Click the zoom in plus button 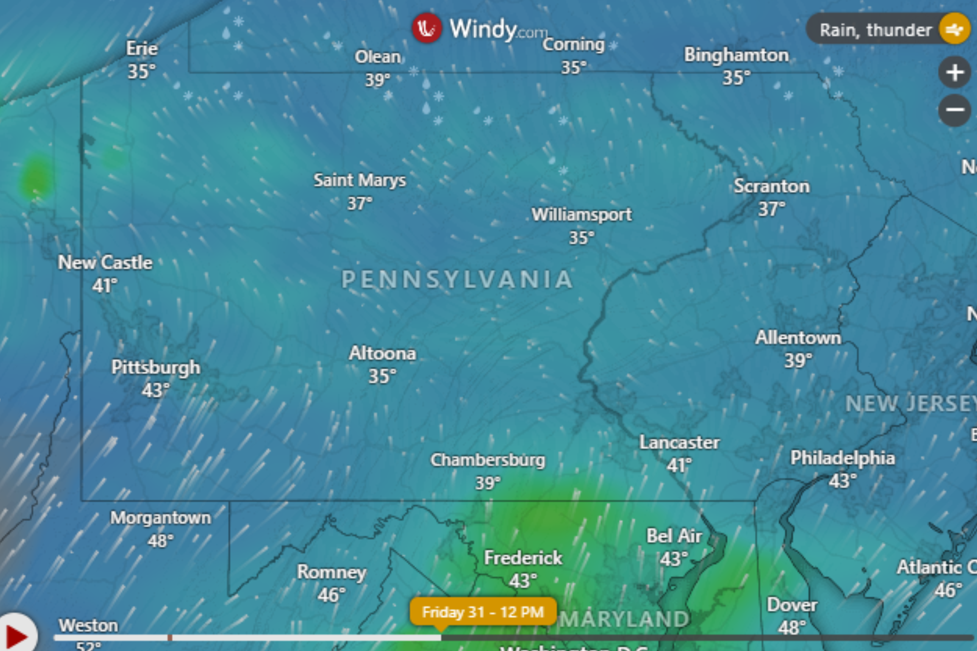click(x=955, y=72)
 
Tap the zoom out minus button click(x=955, y=110)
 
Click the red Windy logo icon click(x=427, y=28)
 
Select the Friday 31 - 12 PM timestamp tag click(x=483, y=612)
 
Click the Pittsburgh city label click(x=156, y=368)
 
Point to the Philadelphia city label click(x=842, y=458)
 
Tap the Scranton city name click(x=772, y=186)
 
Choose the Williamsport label click(x=582, y=215)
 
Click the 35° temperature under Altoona click(x=382, y=376)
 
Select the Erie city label click(x=142, y=48)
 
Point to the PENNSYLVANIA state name click(x=457, y=279)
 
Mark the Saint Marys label click(x=360, y=180)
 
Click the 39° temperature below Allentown click(x=798, y=360)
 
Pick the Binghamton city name click(x=736, y=55)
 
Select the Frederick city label click(x=523, y=558)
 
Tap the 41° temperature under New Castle click(x=105, y=286)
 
